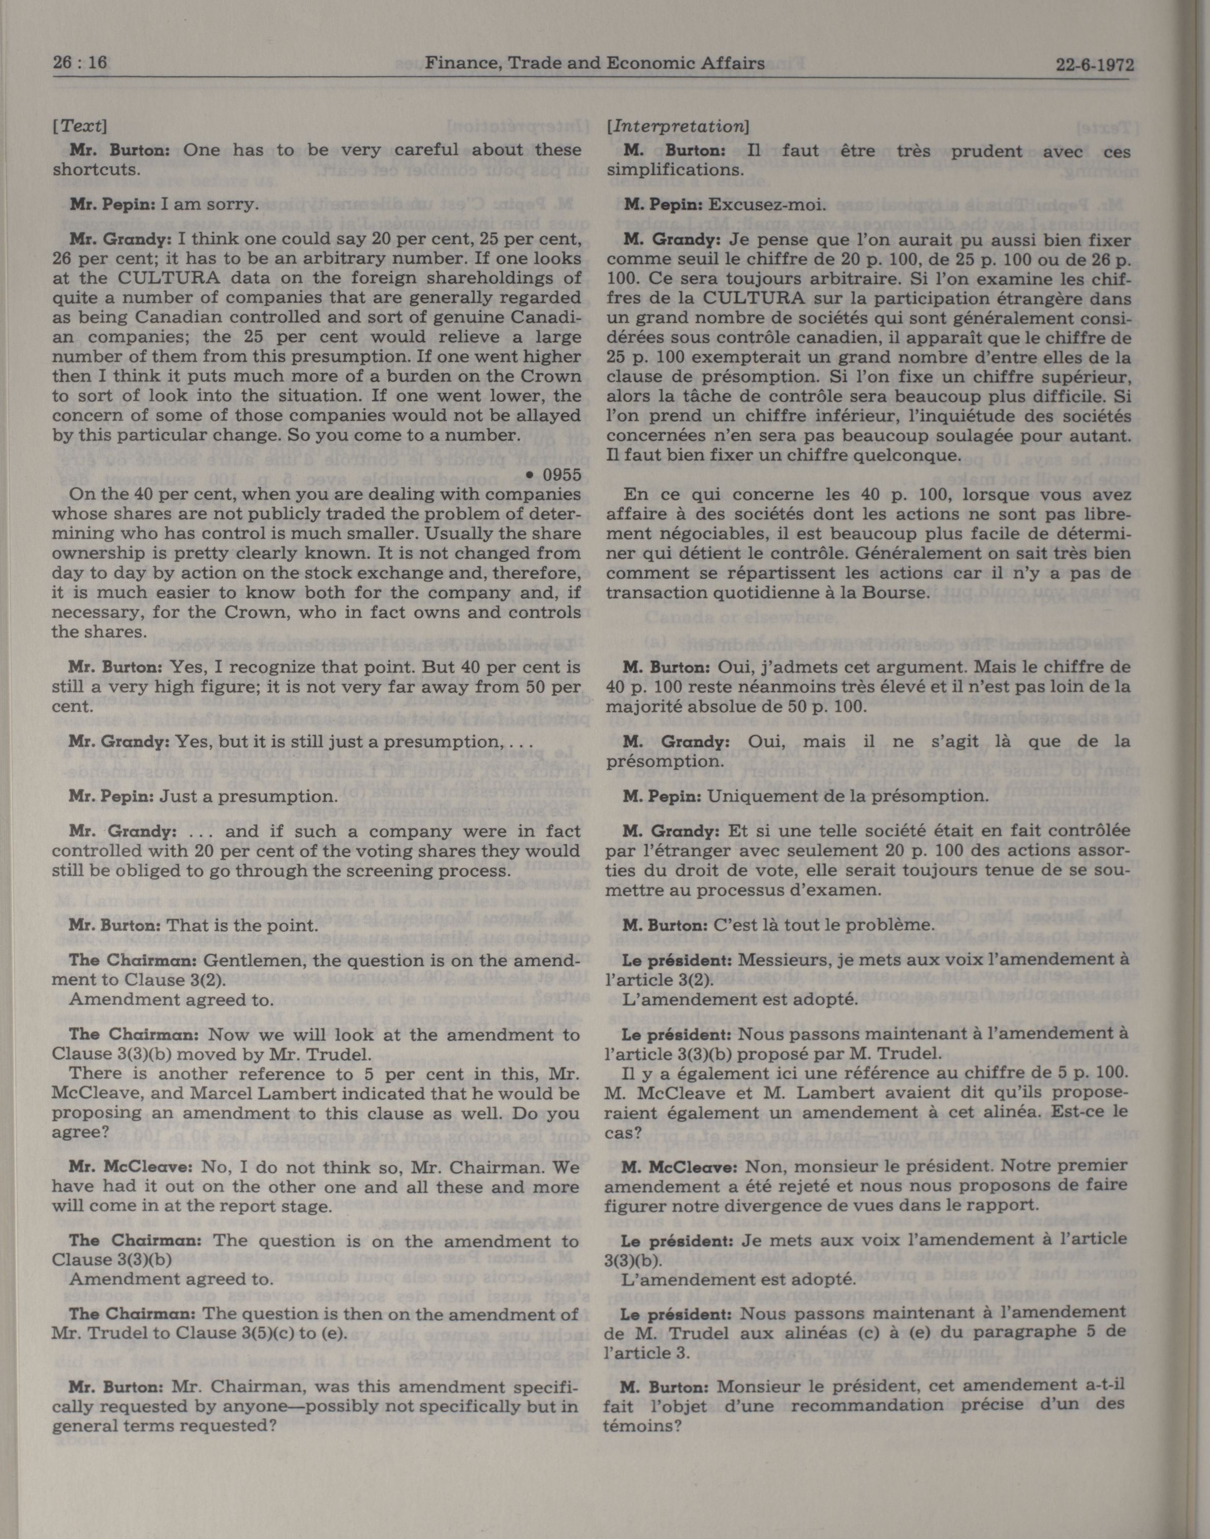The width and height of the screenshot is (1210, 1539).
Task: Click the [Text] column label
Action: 79,126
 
